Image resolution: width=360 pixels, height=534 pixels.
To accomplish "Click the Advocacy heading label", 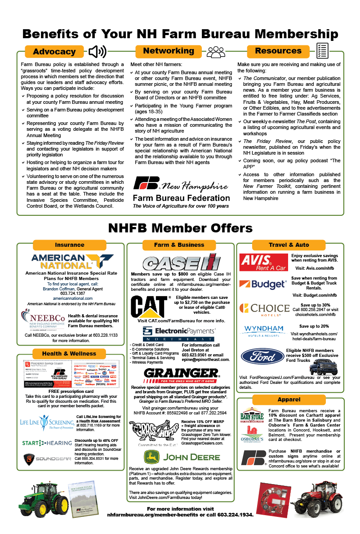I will point(54,52).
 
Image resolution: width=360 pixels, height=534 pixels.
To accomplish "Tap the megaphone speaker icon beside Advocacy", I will point(97,52).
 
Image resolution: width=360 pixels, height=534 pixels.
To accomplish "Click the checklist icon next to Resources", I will point(322,51).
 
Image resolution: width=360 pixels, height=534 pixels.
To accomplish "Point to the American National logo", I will point(72,261).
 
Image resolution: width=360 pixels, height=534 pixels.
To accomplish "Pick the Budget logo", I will point(263,285).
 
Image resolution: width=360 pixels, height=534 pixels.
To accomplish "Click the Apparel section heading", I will point(289,399).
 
